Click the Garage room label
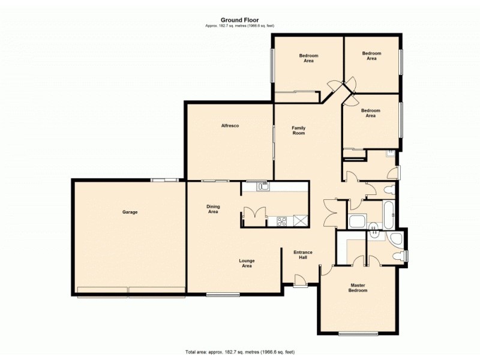point(130,212)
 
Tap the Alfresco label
point(230,125)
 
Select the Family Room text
point(298,130)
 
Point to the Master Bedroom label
point(358,287)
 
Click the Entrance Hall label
point(303,254)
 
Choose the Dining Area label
point(213,209)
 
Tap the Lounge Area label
point(247,263)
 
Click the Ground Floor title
point(239,20)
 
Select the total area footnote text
point(239,352)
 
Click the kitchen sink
point(263,187)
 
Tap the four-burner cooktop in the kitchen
point(280,221)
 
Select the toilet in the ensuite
point(395,256)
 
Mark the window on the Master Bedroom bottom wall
point(358,334)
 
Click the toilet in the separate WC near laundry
point(388,191)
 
